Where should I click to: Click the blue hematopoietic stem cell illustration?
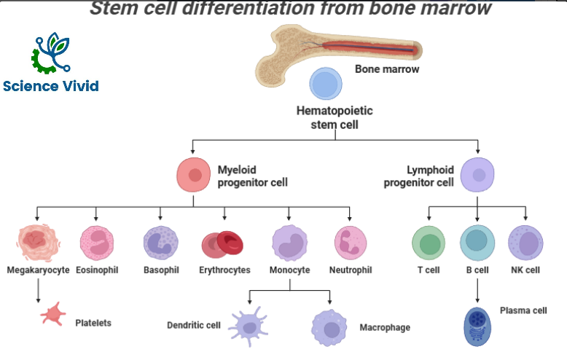(x=326, y=84)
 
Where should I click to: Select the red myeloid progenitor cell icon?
(x=195, y=175)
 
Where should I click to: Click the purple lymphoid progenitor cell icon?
(x=478, y=175)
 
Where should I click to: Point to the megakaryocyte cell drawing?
(x=37, y=243)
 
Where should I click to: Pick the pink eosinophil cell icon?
(x=97, y=243)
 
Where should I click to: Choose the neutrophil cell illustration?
(x=351, y=243)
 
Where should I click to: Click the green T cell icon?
(x=429, y=243)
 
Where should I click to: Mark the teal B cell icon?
(x=477, y=243)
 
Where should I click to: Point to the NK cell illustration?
(x=525, y=243)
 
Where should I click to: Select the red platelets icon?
(x=53, y=315)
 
